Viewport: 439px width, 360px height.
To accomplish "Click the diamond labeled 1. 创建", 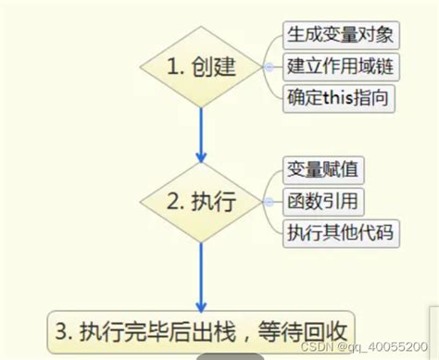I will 201,67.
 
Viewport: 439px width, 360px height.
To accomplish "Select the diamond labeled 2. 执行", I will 201,200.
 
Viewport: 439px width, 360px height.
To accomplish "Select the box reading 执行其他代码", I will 338,231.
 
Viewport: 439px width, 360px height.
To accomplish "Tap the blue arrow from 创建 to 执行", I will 201,130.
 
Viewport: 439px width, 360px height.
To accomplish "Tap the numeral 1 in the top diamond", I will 172,68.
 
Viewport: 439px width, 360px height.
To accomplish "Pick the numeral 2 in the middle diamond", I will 172,201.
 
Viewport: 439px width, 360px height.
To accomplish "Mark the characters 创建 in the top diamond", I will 214,68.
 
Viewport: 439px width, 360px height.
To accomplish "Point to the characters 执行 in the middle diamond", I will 214,201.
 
